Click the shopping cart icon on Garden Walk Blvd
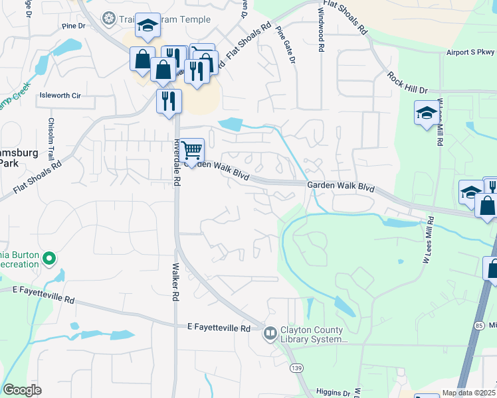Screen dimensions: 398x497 tap(191, 151)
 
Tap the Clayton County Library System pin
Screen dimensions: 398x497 tap(270, 333)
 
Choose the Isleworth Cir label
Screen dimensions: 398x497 tap(60, 96)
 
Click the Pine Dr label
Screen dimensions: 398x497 tap(74, 27)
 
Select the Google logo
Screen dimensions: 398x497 tap(22, 390)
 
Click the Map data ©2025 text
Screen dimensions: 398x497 tap(468, 393)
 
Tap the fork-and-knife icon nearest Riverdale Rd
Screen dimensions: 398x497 tap(169, 101)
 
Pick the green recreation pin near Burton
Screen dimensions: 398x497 tap(49, 258)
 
